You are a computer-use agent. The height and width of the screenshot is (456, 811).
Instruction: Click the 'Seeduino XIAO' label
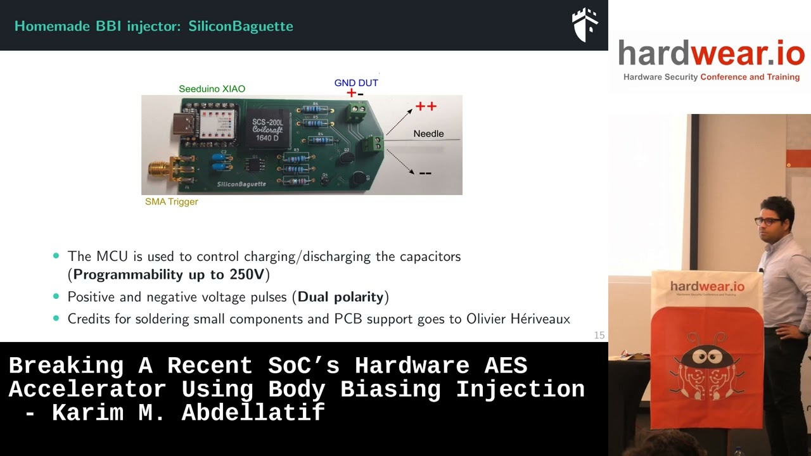212,89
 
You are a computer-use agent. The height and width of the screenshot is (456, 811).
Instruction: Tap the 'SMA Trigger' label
171,202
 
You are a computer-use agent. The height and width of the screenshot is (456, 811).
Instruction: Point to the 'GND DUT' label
356,83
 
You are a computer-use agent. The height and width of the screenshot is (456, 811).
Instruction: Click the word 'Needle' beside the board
428,134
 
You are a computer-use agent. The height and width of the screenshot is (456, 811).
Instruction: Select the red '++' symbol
426,106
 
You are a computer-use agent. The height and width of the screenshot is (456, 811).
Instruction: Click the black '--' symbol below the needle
425,173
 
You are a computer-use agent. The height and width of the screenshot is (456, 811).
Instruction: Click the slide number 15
599,335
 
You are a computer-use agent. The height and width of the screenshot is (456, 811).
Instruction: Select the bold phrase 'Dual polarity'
341,297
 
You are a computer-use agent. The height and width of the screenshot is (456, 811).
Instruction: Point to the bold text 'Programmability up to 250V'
169,275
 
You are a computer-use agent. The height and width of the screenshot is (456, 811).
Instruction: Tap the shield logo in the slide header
585,25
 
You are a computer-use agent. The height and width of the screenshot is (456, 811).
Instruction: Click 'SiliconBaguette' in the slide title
241,27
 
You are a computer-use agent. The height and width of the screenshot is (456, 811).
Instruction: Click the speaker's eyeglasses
767,221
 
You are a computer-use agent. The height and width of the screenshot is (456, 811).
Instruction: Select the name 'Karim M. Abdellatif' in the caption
189,413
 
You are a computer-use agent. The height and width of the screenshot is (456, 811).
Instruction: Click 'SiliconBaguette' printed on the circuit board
241,184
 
